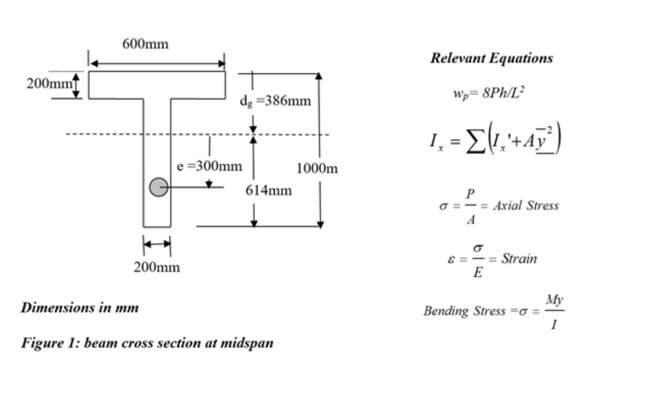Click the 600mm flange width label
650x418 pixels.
(x=145, y=44)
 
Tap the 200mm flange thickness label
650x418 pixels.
(x=49, y=84)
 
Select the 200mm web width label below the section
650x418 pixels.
(x=157, y=267)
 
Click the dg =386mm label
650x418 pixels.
(x=275, y=101)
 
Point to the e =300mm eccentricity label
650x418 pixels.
(x=210, y=166)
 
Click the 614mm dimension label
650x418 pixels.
(x=269, y=190)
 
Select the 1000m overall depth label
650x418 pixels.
(x=317, y=168)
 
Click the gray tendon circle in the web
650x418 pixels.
(x=159, y=187)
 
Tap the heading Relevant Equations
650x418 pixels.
(x=491, y=58)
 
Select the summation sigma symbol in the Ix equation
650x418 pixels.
(x=476, y=141)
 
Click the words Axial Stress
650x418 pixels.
(x=526, y=206)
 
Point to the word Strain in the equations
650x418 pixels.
(x=519, y=259)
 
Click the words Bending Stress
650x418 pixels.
(x=464, y=311)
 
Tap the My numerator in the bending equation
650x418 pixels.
(x=554, y=300)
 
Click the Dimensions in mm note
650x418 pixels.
(x=80, y=308)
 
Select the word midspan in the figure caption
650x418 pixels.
(x=247, y=343)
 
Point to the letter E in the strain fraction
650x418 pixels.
(x=478, y=272)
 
